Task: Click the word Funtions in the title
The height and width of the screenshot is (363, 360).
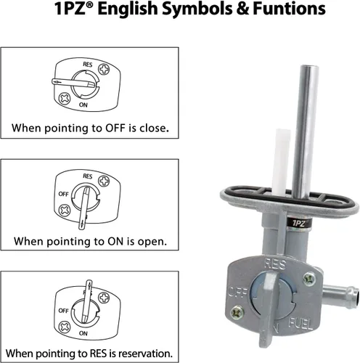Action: (x=289, y=9)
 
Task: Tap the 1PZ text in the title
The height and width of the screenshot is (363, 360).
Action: (x=70, y=9)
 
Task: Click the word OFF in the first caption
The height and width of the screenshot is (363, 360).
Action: (x=115, y=128)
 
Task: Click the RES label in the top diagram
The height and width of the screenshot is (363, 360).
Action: (x=88, y=65)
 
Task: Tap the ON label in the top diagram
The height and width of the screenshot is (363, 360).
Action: (x=83, y=105)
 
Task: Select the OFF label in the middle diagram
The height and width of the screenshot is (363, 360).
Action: (x=64, y=194)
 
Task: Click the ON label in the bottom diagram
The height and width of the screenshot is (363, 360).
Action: (x=83, y=333)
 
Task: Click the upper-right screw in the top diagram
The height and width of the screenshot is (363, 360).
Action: (x=104, y=70)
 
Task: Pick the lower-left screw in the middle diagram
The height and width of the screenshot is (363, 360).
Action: (x=65, y=211)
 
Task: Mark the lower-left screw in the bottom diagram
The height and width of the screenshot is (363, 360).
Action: (x=65, y=327)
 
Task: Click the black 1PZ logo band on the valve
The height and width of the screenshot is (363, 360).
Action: (x=299, y=223)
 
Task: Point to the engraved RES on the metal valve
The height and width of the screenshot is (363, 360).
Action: (x=275, y=264)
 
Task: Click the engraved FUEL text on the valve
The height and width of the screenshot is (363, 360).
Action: (x=300, y=324)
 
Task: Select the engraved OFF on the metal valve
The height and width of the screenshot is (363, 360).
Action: (x=237, y=292)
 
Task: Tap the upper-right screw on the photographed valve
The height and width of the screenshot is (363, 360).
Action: (x=309, y=280)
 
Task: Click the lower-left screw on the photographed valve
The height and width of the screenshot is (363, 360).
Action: (x=237, y=313)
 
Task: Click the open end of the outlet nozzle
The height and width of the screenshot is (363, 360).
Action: (x=353, y=298)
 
